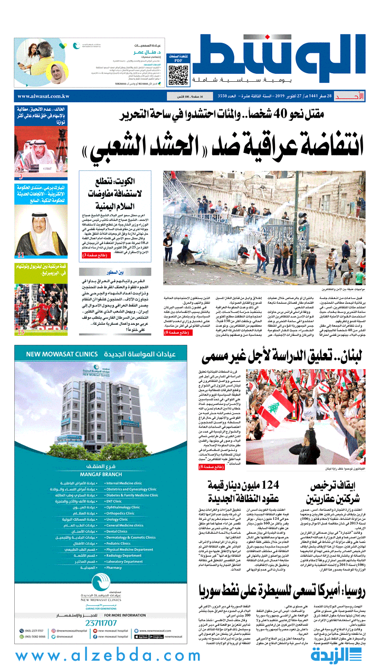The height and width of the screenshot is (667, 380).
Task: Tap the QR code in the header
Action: pyautogui.click(x=178, y=75)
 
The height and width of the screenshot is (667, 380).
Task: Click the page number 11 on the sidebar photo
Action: pyautogui.click(x=21, y=255)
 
